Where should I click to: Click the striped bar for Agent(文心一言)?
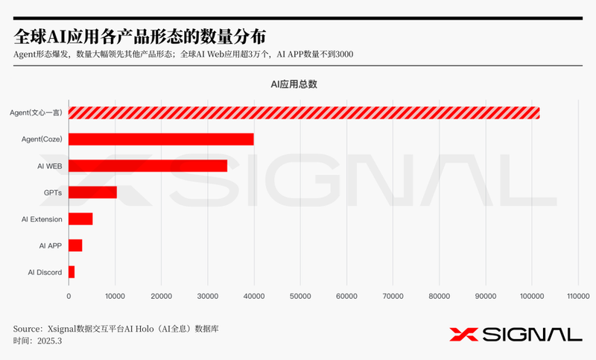[x=304, y=113]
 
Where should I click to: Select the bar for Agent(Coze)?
[x=161, y=139]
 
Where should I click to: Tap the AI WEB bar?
[x=148, y=165]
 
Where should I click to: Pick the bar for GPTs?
[x=92, y=192]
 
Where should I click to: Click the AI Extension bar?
[x=80, y=219]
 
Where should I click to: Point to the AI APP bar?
[x=75, y=245]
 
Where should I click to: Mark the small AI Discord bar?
[x=72, y=272]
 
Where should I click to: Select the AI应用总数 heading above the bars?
[x=294, y=84]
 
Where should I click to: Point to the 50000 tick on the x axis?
[x=300, y=297]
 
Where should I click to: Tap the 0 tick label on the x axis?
[x=69, y=297]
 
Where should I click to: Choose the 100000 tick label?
[x=532, y=297]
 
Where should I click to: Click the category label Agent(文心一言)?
[x=36, y=113]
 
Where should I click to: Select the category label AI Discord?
[x=45, y=273]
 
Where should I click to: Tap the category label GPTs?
[x=52, y=192]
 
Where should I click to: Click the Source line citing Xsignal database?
[x=115, y=328]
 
